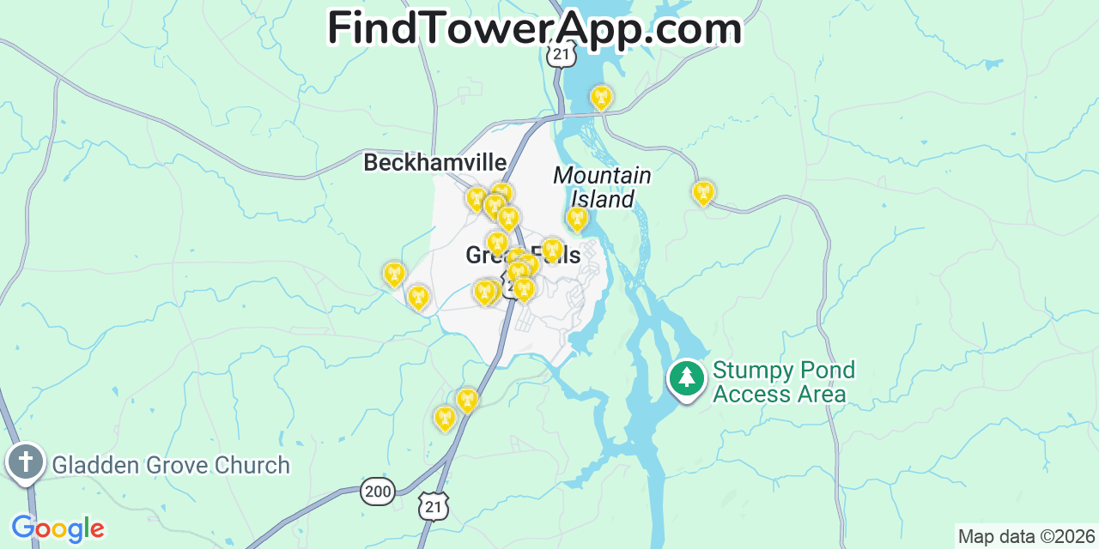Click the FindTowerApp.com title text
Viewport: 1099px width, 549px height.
coord(534,28)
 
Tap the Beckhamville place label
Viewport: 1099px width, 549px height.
coord(434,162)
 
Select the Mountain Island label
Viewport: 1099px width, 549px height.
coord(602,187)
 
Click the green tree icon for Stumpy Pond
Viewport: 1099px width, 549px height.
coord(686,377)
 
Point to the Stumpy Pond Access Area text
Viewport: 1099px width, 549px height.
coord(783,383)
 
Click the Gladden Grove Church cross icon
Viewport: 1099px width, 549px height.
coord(26,462)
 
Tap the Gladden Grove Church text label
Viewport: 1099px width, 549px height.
coord(171,465)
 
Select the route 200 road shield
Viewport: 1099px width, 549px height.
coord(378,491)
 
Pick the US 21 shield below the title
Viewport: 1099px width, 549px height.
coord(560,55)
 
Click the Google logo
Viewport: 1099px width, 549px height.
coord(58,528)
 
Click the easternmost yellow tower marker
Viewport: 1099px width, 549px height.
coord(703,192)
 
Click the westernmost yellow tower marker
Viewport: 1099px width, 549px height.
coord(394,274)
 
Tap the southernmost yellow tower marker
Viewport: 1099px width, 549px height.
coord(445,418)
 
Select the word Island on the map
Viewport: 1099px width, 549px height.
coord(603,200)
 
